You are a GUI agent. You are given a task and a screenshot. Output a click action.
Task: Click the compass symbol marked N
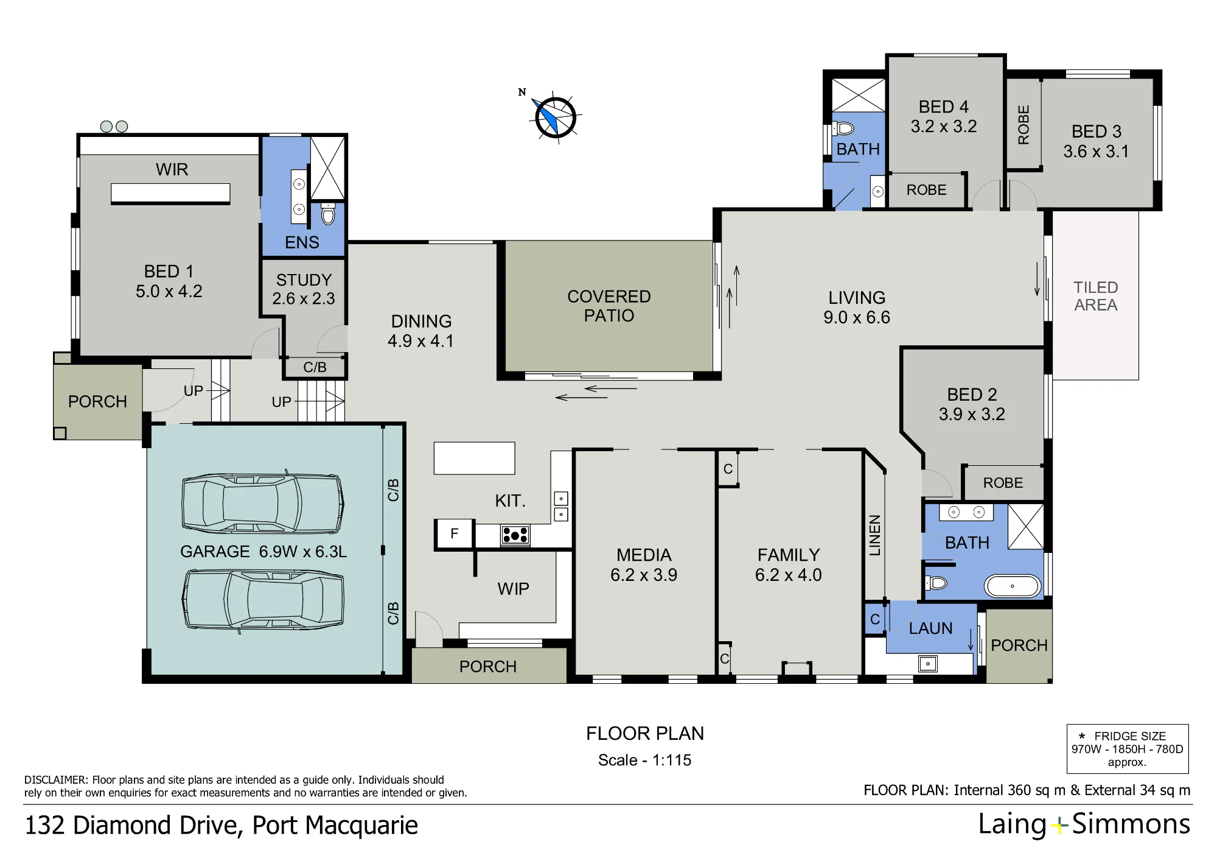click(555, 116)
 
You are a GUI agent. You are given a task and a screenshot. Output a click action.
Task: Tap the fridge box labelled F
click(454, 534)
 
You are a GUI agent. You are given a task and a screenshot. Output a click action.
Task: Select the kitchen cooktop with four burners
click(515, 535)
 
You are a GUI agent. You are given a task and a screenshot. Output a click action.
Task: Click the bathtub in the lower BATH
click(1013, 586)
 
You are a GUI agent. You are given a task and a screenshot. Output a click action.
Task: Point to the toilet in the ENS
click(328, 214)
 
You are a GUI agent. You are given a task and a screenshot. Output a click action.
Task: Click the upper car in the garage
click(262, 504)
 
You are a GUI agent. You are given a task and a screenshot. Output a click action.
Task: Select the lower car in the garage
click(263, 599)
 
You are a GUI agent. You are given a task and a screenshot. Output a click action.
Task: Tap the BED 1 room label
click(169, 281)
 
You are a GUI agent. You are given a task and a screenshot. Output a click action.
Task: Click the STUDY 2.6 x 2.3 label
click(304, 289)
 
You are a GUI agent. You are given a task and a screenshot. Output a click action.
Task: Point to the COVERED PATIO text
click(609, 306)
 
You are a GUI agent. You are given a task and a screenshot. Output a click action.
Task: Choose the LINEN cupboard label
click(874, 535)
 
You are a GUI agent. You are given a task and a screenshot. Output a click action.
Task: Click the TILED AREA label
click(1096, 296)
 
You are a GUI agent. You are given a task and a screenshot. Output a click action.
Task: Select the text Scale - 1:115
click(644, 760)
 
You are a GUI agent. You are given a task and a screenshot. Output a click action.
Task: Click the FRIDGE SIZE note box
click(1128, 749)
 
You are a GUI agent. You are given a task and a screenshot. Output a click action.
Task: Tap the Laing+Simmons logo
click(1084, 824)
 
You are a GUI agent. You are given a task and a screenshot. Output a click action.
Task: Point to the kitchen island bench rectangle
click(474, 458)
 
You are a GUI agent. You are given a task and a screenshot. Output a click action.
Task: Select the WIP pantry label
click(513, 589)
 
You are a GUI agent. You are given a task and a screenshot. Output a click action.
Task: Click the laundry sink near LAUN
click(927, 663)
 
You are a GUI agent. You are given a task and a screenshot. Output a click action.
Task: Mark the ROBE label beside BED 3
click(1023, 125)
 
